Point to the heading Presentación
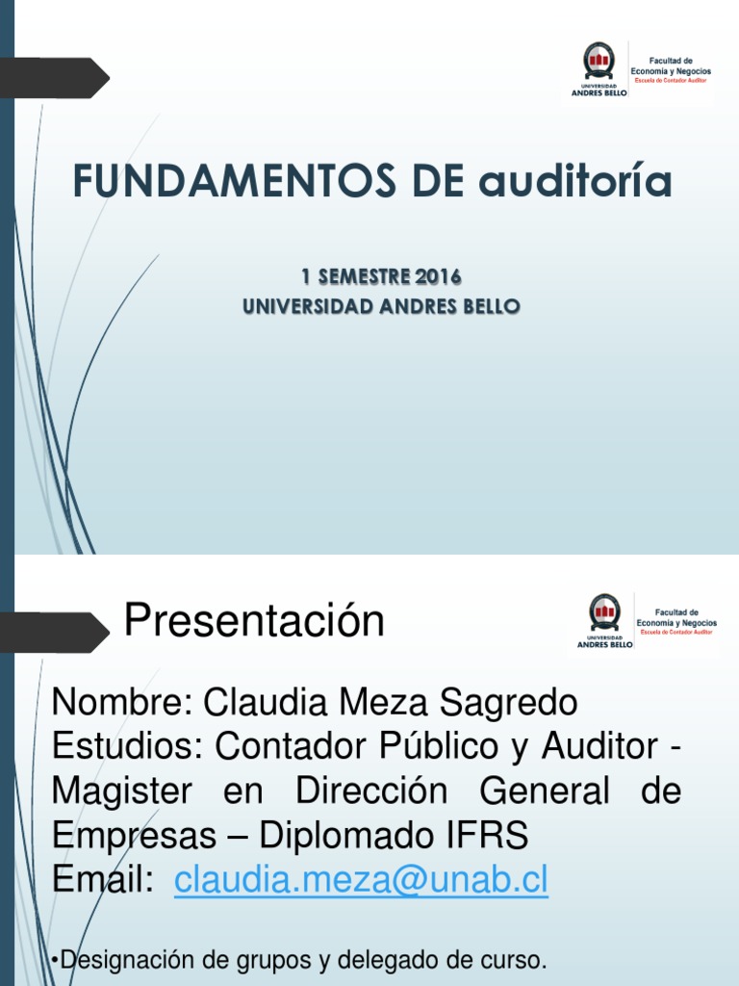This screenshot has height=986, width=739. point(254,621)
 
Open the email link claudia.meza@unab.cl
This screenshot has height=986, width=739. point(361,880)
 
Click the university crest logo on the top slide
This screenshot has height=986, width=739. point(599,63)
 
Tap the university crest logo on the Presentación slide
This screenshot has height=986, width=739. point(604,612)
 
